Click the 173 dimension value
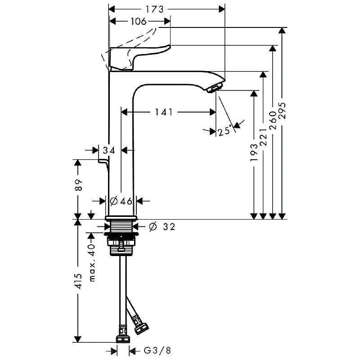tap(154, 9)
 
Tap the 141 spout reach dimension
tap(164, 112)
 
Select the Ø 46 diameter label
tap(121, 201)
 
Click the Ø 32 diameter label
tap(161, 227)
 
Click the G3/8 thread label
tap(157, 350)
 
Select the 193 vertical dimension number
tap(254, 153)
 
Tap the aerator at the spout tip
tap(215, 87)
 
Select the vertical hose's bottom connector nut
tap(122, 338)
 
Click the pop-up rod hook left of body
tap(103, 162)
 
